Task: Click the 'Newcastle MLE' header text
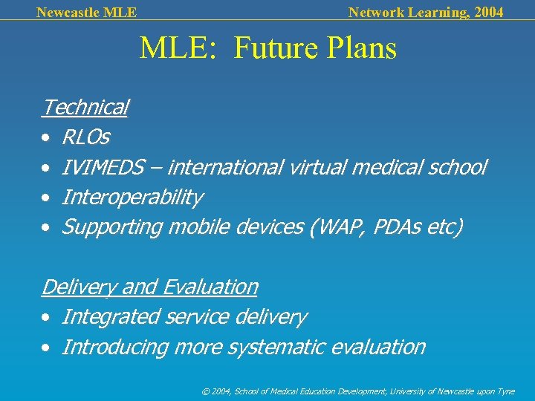(x=86, y=12)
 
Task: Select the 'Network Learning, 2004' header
(x=425, y=12)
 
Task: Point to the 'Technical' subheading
(x=85, y=108)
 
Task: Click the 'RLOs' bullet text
(x=85, y=137)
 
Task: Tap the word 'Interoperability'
(x=132, y=198)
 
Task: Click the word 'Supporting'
(x=111, y=227)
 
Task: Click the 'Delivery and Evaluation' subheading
(x=149, y=287)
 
